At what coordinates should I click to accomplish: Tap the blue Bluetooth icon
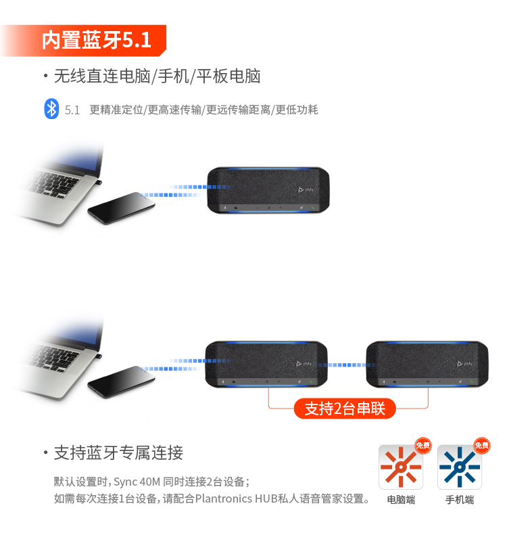[51, 108]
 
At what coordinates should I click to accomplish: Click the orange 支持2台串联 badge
[345, 409]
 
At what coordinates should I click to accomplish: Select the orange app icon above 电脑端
[401, 467]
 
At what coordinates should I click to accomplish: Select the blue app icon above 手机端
[460, 467]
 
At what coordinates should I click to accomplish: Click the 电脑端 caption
[401, 500]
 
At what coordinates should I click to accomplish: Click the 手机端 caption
[460, 500]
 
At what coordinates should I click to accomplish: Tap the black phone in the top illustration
[121, 208]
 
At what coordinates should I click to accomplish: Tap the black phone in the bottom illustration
[121, 382]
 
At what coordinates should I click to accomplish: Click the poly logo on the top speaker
[306, 189]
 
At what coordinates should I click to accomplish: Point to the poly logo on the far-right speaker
[464, 364]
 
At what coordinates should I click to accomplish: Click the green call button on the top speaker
[313, 208]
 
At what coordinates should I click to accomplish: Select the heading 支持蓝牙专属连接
[118, 453]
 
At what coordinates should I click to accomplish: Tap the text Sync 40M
[137, 482]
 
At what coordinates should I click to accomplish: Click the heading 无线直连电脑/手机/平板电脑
[157, 76]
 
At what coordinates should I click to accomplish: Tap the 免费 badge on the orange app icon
[423, 445]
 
